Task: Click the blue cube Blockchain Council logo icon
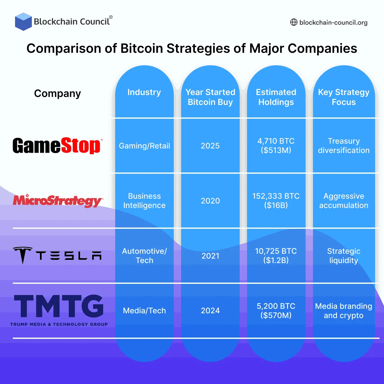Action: (23, 21)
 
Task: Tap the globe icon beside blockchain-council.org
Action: (293, 22)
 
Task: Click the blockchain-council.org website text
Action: (333, 22)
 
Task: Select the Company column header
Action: (58, 93)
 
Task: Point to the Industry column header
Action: (144, 92)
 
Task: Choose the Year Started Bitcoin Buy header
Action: (210, 97)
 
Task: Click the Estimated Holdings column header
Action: (276, 97)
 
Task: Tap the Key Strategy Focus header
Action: (344, 97)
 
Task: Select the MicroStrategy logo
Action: (58, 201)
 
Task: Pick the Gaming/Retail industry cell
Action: (144, 146)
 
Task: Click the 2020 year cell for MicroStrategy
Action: (210, 201)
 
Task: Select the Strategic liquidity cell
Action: (344, 256)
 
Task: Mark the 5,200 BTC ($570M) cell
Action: (276, 311)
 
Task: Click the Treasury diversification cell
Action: (344, 146)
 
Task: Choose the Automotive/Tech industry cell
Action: (144, 256)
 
